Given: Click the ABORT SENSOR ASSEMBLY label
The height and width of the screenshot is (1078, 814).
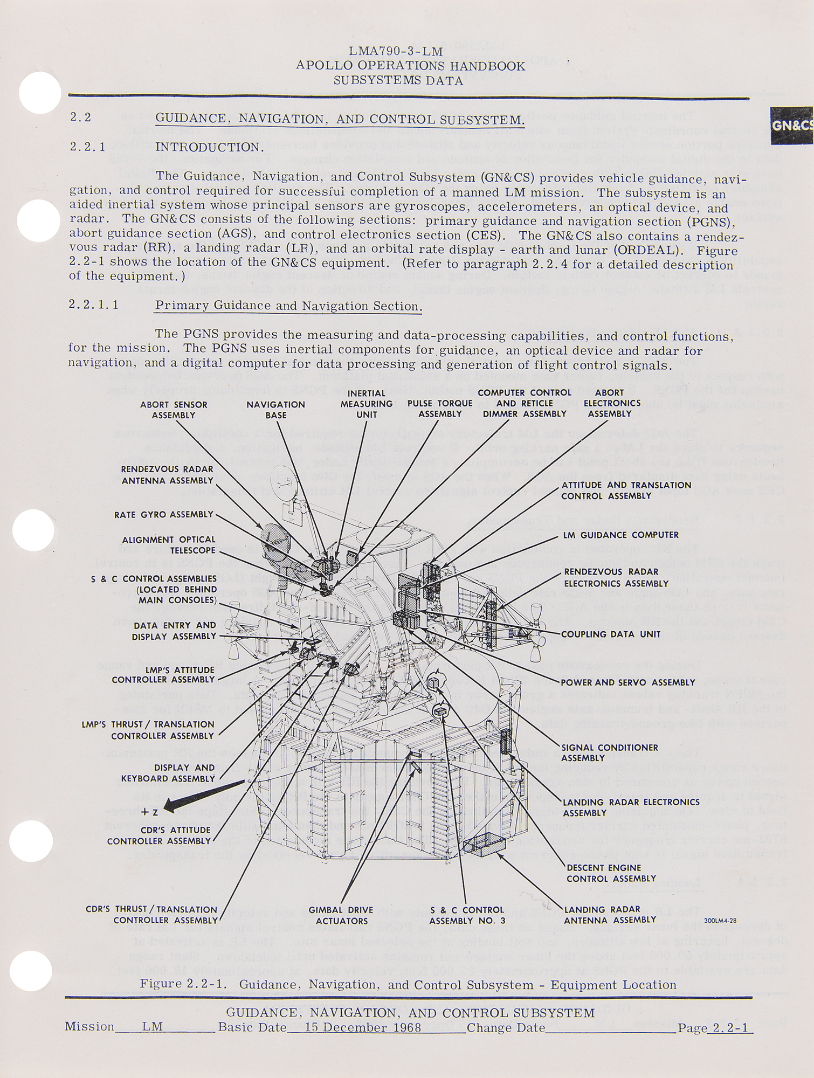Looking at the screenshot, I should tap(174, 410).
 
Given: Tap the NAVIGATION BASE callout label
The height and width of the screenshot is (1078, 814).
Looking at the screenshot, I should tap(275, 410).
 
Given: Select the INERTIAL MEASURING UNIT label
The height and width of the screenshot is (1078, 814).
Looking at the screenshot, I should tap(367, 404).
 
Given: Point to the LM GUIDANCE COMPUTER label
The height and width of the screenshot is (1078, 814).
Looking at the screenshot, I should tap(621, 535).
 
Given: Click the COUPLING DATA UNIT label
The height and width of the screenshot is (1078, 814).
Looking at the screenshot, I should tap(611, 634).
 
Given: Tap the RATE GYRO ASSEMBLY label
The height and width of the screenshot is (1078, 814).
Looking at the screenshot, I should tap(164, 514).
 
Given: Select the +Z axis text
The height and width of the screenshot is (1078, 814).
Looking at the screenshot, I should tap(149, 813).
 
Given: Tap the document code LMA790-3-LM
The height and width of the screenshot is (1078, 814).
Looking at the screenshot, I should tap(396, 52).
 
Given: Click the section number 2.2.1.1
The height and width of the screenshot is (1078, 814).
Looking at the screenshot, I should tap(93, 305).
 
